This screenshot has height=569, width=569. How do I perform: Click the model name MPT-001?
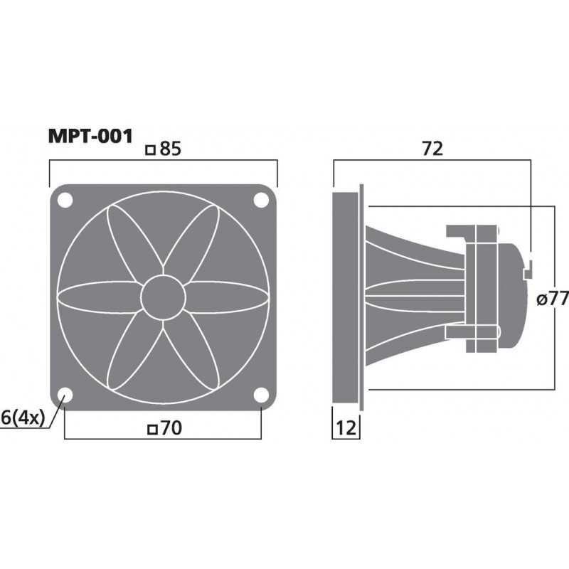coord(90,136)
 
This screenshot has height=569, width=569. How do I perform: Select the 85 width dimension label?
coord(168,149)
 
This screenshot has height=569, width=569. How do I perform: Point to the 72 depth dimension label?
coord(432,149)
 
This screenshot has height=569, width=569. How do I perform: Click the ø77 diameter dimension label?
coord(553,299)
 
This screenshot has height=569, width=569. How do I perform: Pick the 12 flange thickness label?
coord(346,428)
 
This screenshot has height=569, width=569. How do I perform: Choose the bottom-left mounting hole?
coord(65,395)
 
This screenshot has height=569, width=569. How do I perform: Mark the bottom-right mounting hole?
coord(261,395)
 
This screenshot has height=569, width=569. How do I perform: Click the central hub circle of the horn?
coord(163,298)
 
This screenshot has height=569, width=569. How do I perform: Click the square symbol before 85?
coord(149,150)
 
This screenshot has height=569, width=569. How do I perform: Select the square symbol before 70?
coord(150,429)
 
